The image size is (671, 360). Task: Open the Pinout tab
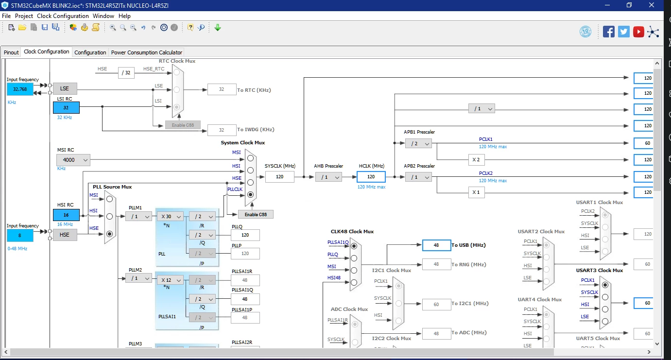tap(11, 52)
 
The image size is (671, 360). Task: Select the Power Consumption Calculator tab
tap(146, 52)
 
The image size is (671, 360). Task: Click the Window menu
tap(103, 16)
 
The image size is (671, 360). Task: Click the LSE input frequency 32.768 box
tap(20, 89)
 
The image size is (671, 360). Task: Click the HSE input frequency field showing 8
tap(20, 236)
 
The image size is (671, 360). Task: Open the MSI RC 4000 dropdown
tap(73, 160)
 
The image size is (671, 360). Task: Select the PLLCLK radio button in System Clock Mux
tap(250, 195)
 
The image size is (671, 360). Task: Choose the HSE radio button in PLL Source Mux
tap(110, 234)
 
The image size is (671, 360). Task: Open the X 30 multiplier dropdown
tap(170, 216)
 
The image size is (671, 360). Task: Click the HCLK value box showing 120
tap(371, 177)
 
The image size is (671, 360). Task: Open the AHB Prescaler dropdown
tap(328, 177)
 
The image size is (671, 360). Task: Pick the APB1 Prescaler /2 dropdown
tap(418, 144)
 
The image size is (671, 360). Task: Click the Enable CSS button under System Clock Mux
tap(256, 214)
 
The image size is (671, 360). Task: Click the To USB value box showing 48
tap(436, 245)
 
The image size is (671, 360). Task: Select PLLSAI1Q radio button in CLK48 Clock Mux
tap(354, 246)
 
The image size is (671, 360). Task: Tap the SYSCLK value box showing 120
tap(279, 177)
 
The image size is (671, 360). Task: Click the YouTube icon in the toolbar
tap(638, 32)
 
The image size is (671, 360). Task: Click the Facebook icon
tap(608, 32)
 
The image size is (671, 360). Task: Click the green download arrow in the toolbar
tap(218, 28)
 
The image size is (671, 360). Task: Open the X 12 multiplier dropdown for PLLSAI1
tap(170, 280)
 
